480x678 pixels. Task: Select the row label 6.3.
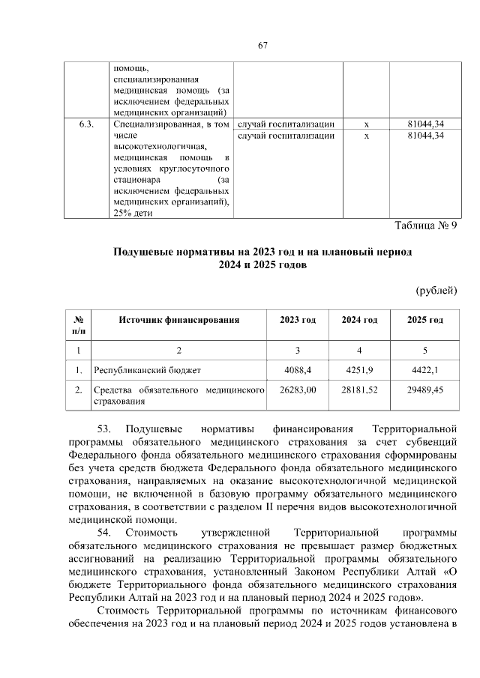(x=86, y=124)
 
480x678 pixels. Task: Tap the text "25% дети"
(x=132, y=213)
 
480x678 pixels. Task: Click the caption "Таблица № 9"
(x=425, y=226)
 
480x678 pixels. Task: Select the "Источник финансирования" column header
(x=178, y=320)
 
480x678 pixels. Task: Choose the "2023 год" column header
(x=298, y=320)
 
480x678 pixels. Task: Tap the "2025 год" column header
(x=425, y=320)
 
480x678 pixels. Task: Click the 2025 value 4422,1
(x=425, y=370)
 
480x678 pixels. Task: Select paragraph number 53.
(x=104, y=429)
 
